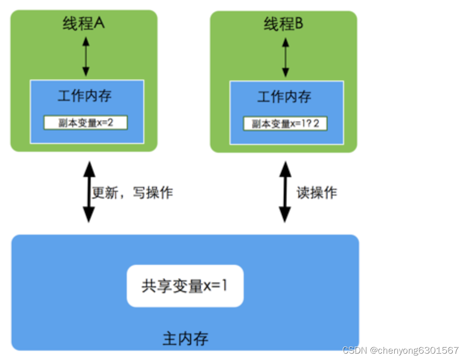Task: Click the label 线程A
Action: pyautogui.click(x=84, y=23)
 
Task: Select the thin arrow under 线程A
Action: pyautogui.click(x=86, y=57)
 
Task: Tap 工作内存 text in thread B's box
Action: pyautogui.click(x=284, y=97)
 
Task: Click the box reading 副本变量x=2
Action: pyautogui.click(x=86, y=122)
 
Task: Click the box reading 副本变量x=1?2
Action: pyautogui.click(x=285, y=123)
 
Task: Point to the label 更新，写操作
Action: pyautogui.click(x=133, y=192)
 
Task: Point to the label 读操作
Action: pyautogui.click(x=317, y=192)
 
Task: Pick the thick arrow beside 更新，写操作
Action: pyautogui.click(x=88, y=192)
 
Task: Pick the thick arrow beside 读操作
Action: pyautogui.click(x=285, y=192)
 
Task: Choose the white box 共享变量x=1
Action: pyautogui.click(x=185, y=286)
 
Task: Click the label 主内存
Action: pyautogui.click(x=185, y=338)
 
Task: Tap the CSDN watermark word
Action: pyautogui.click(x=355, y=350)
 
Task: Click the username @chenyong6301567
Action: pyautogui.click(x=414, y=350)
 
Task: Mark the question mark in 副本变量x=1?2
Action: pyautogui.click(x=310, y=123)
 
